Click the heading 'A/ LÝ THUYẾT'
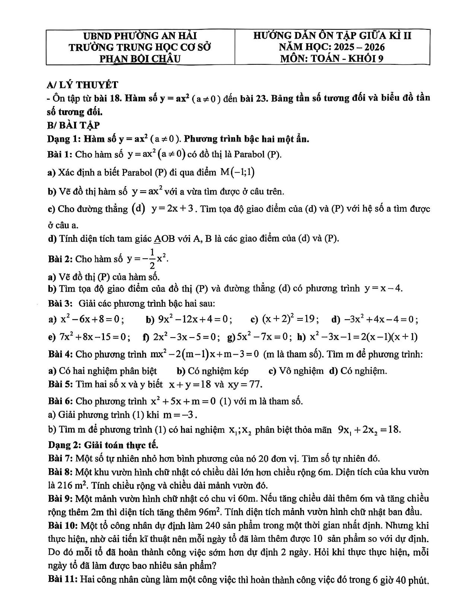click(82, 85)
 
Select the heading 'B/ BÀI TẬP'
click(73, 125)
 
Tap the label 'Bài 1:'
click(60, 154)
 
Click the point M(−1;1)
click(238, 172)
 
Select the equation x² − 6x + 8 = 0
click(92, 319)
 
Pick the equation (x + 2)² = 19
click(290, 319)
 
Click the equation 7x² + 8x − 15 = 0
click(95, 337)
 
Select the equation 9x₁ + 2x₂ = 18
click(369, 430)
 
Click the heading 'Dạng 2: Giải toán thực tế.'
click(103, 445)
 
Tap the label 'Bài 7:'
click(60, 458)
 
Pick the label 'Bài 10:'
click(63, 525)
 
